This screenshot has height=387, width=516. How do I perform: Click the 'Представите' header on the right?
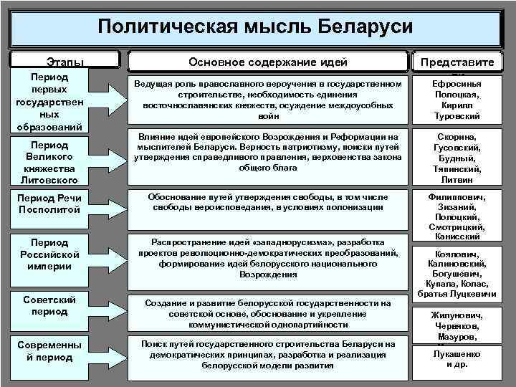458,62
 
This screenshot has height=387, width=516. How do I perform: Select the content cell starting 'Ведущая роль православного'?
267,100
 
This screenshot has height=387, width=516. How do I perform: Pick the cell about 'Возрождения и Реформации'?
267,153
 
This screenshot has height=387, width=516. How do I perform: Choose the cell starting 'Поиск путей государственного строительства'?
267,355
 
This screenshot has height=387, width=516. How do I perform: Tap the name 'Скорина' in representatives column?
457,136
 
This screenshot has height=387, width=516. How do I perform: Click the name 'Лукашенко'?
458,354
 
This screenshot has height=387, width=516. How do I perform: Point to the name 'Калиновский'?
458,263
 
